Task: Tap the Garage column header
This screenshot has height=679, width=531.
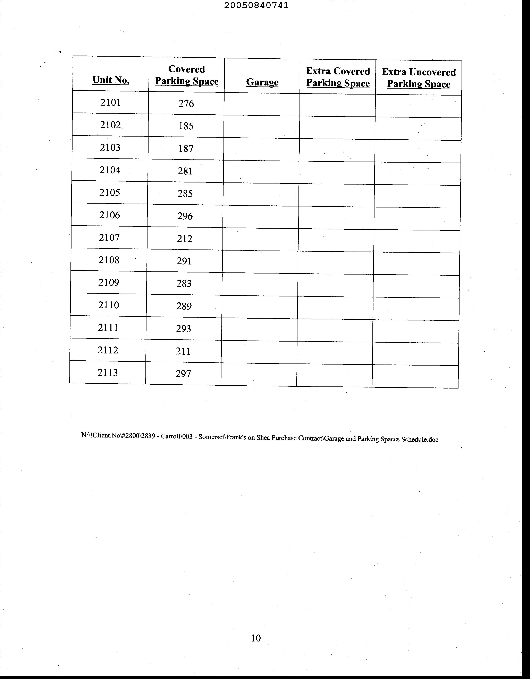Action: [262, 82]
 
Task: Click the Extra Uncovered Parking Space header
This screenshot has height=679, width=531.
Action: [419, 78]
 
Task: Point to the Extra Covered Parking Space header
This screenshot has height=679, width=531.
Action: [338, 77]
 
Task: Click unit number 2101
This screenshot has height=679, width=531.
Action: [110, 102]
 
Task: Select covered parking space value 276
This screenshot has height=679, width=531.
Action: [186, 104]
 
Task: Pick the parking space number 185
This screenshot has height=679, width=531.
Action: [186, 126]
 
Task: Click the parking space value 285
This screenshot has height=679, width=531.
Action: [185, 194]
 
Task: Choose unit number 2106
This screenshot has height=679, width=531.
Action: [109, 215]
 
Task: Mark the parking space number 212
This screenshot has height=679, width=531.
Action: [185, 239]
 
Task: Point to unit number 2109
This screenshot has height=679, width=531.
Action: [109, 283]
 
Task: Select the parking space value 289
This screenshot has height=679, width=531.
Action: [184, 306]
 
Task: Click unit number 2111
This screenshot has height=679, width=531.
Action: [108, 328]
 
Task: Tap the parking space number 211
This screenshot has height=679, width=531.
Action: [183, 351]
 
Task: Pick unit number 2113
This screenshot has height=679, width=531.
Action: [108, 372]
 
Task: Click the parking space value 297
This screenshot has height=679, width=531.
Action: [183, 374]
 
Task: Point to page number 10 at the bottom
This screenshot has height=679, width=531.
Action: [256, 638]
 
